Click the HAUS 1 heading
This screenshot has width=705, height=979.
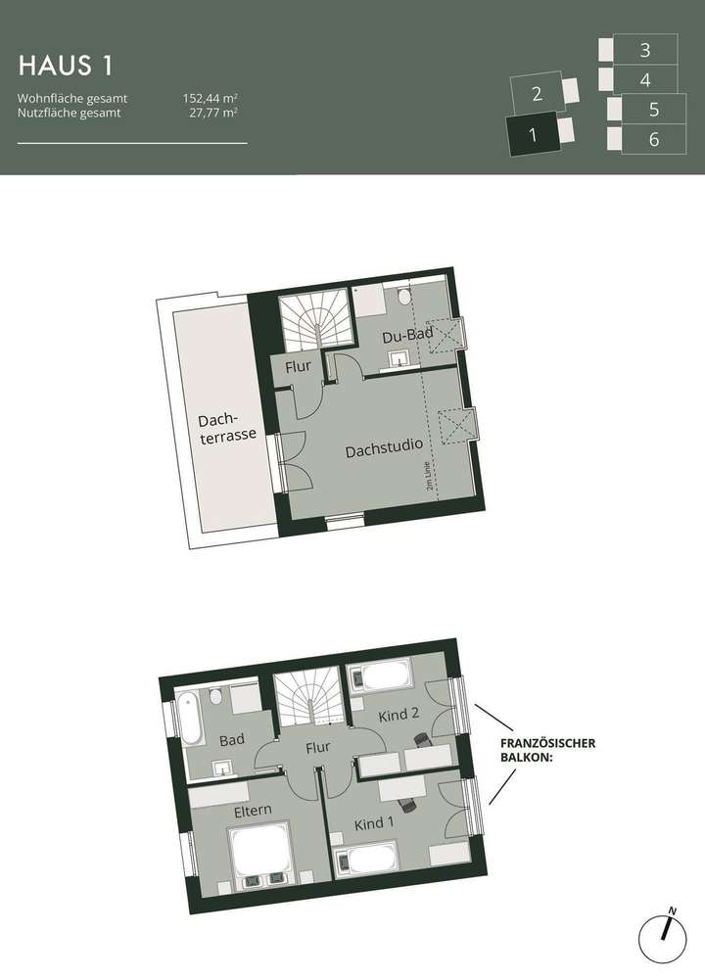click(x=66, y=66)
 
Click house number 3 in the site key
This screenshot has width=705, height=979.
click(x=644, y=49)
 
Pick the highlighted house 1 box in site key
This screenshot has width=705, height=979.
click(x=532, y=135)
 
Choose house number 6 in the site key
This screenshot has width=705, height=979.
click(x=653, y=140)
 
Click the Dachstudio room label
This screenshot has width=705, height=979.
click(x=384, y=452)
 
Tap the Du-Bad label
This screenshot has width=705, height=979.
click(x=407, y=337)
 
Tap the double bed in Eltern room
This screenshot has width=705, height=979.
click(x=258, y=849)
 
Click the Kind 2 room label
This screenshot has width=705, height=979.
click(x=400, y=715)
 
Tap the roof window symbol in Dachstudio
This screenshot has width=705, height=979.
click(x=457, y=425)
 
